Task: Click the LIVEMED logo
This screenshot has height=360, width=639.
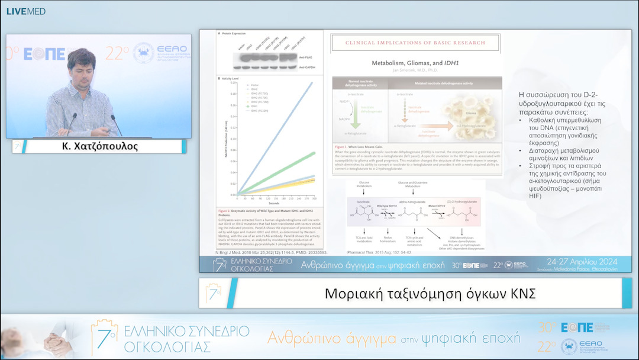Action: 25,11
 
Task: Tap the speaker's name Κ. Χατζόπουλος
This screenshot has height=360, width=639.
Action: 99,146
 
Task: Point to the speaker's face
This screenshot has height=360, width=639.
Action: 82,67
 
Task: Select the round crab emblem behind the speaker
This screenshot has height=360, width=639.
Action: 143,53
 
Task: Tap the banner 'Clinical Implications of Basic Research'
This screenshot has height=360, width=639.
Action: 416,43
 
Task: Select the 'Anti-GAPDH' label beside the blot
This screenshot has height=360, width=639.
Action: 306,67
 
